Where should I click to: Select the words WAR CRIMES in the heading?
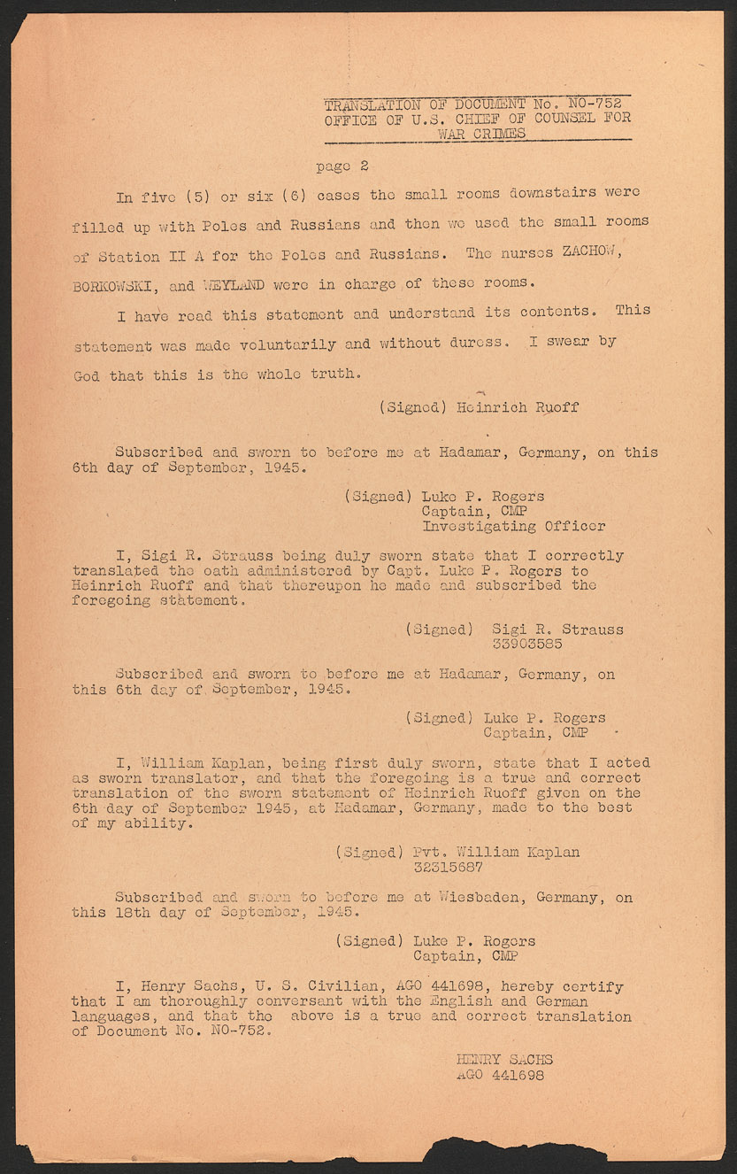tap(481, 134)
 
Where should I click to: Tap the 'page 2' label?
tap(342, 166)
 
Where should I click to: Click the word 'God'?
tap(87, 375)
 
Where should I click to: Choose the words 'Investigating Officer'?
tap(513, 526)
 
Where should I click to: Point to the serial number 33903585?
tap(526, 644)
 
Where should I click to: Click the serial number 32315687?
tap(449, 868)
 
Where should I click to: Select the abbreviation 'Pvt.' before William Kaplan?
tap(429, 853)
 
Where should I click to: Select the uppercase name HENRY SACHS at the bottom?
tap(504, 1060)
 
